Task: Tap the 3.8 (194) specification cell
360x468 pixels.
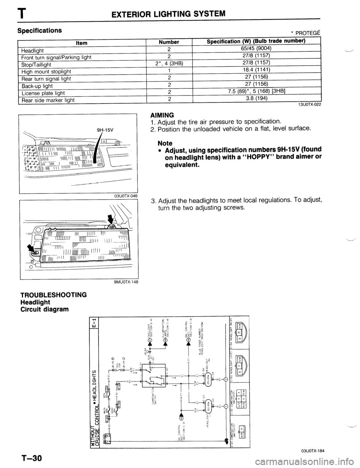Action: [256, 99]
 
